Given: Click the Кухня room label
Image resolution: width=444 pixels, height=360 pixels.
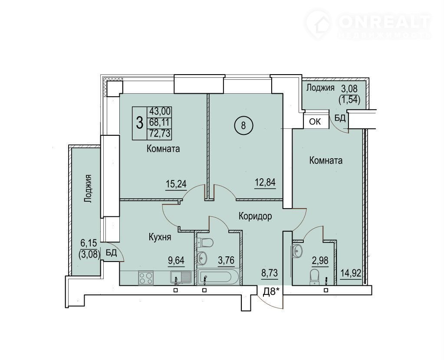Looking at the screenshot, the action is [x=160, y=237].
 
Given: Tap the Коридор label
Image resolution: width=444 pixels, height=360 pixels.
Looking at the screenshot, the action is [x=255, y=216].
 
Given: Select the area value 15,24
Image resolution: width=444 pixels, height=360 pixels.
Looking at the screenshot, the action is [x=176, y=184].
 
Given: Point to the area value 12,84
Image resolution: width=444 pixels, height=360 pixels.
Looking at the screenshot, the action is [x=265, y=183].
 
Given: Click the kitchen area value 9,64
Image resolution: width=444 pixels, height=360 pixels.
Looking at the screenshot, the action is [x=176, y=260].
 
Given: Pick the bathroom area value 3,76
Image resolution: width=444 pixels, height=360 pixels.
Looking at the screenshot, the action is [x=226, y=260].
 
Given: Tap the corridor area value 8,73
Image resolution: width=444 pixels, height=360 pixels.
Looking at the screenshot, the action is [x=269, y=273].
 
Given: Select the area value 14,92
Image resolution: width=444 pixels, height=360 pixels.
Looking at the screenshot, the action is [x=351, y=273].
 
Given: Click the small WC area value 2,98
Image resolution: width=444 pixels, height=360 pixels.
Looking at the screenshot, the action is [x=320, y=260].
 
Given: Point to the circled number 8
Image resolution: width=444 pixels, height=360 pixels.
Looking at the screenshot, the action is [x=243, y=125].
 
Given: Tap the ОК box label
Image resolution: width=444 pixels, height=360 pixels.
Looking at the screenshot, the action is [x=315, y=122].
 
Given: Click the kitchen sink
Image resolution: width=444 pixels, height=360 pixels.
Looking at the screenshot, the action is [x=181, y=277].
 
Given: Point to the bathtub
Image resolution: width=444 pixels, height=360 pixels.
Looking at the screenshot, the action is [x=219, y=277].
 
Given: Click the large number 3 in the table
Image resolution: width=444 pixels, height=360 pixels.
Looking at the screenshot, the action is [x=140, y=123].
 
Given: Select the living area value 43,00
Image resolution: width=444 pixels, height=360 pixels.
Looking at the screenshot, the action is [x=160, y=111].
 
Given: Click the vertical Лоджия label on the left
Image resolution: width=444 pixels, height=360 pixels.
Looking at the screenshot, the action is [x=89, y=189].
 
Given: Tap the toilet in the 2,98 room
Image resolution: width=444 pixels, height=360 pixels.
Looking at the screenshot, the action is [x=315, y=277].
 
